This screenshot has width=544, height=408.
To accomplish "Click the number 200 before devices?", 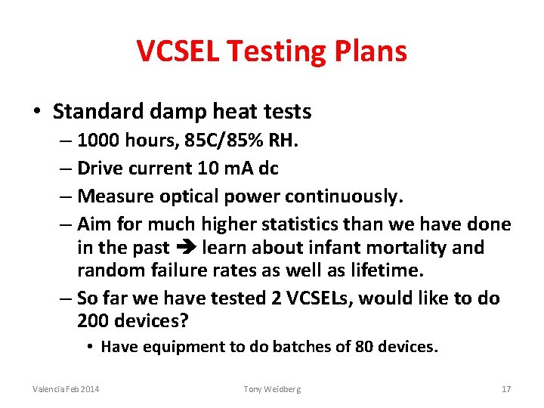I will [x=92, y=321].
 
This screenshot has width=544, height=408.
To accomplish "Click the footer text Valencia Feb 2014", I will [x=66, y=388].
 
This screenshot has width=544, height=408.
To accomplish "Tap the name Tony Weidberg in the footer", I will [x=272, y=388].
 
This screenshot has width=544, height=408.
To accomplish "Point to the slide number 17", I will [x=506, y=388].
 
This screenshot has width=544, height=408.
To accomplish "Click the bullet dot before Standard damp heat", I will [x=36, y=112].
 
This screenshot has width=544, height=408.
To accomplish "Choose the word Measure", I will [x=111, y=196].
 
